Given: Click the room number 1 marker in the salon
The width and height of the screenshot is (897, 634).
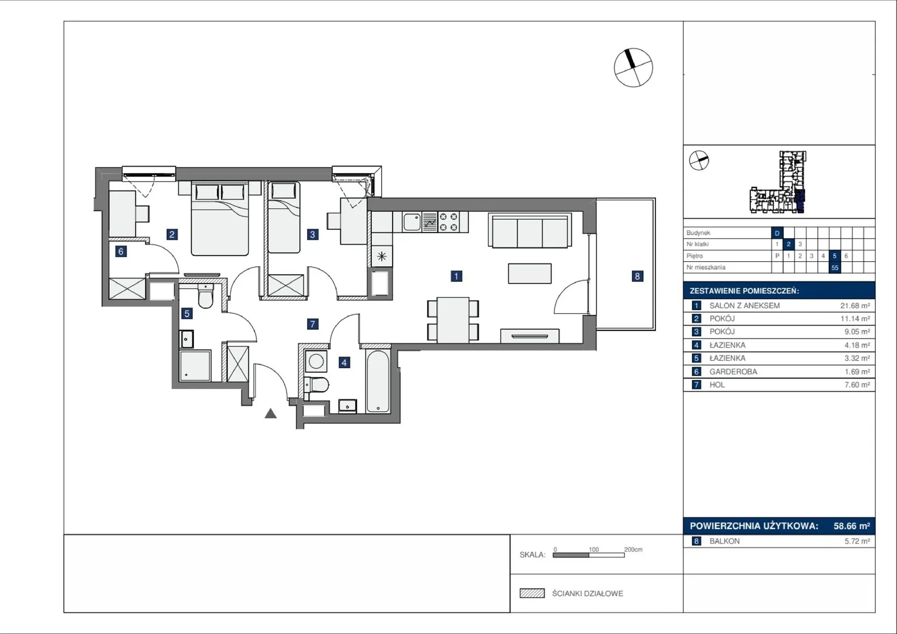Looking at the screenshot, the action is pyautogui.click(x=456, y=276).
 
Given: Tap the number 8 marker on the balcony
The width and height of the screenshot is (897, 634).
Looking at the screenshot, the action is pyautogui.click(x=637, y=276).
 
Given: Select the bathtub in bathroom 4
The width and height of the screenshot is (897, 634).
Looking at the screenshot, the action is pyautogui.click(x=378, y=381).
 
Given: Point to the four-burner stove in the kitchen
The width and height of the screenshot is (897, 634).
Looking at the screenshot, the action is pyautogui.click(x=449, y=222).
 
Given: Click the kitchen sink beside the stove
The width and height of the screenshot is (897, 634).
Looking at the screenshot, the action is pyautogui.click(x=412, y=222).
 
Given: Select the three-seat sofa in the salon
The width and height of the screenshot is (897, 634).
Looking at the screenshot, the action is pyautogui.click(x=530, y=230).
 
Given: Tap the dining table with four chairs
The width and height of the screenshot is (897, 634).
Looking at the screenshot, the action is pyautogui.click(x=453, y=320).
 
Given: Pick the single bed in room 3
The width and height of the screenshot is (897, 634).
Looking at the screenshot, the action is pyautogui.click(x=284, y=217).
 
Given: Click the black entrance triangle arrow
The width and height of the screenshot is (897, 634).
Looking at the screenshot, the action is pyautogui.click(x=271, y=413).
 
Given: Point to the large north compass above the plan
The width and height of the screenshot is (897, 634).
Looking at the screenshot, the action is pyautogui.click(x=634, y=67).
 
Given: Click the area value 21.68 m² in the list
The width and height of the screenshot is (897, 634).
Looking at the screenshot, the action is pyautogui.click(x=855, y=306).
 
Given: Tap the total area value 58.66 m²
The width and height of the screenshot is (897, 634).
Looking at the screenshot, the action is pyautogui.click(x=852, y=526).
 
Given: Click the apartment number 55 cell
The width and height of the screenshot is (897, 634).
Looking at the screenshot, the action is pyautogui.click(x=835, y=267).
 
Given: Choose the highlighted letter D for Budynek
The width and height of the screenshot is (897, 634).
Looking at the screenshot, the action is pyautogui.click(x=777, y=233).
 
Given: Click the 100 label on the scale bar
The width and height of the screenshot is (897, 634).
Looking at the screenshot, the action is pyautogui.click(x=594, y=549).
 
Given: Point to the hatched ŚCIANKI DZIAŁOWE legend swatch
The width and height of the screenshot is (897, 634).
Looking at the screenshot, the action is pyautogui.click(x=532, y=593).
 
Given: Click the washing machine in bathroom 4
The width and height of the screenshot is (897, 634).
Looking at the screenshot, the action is pyautogui.click(x=316, y=362).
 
